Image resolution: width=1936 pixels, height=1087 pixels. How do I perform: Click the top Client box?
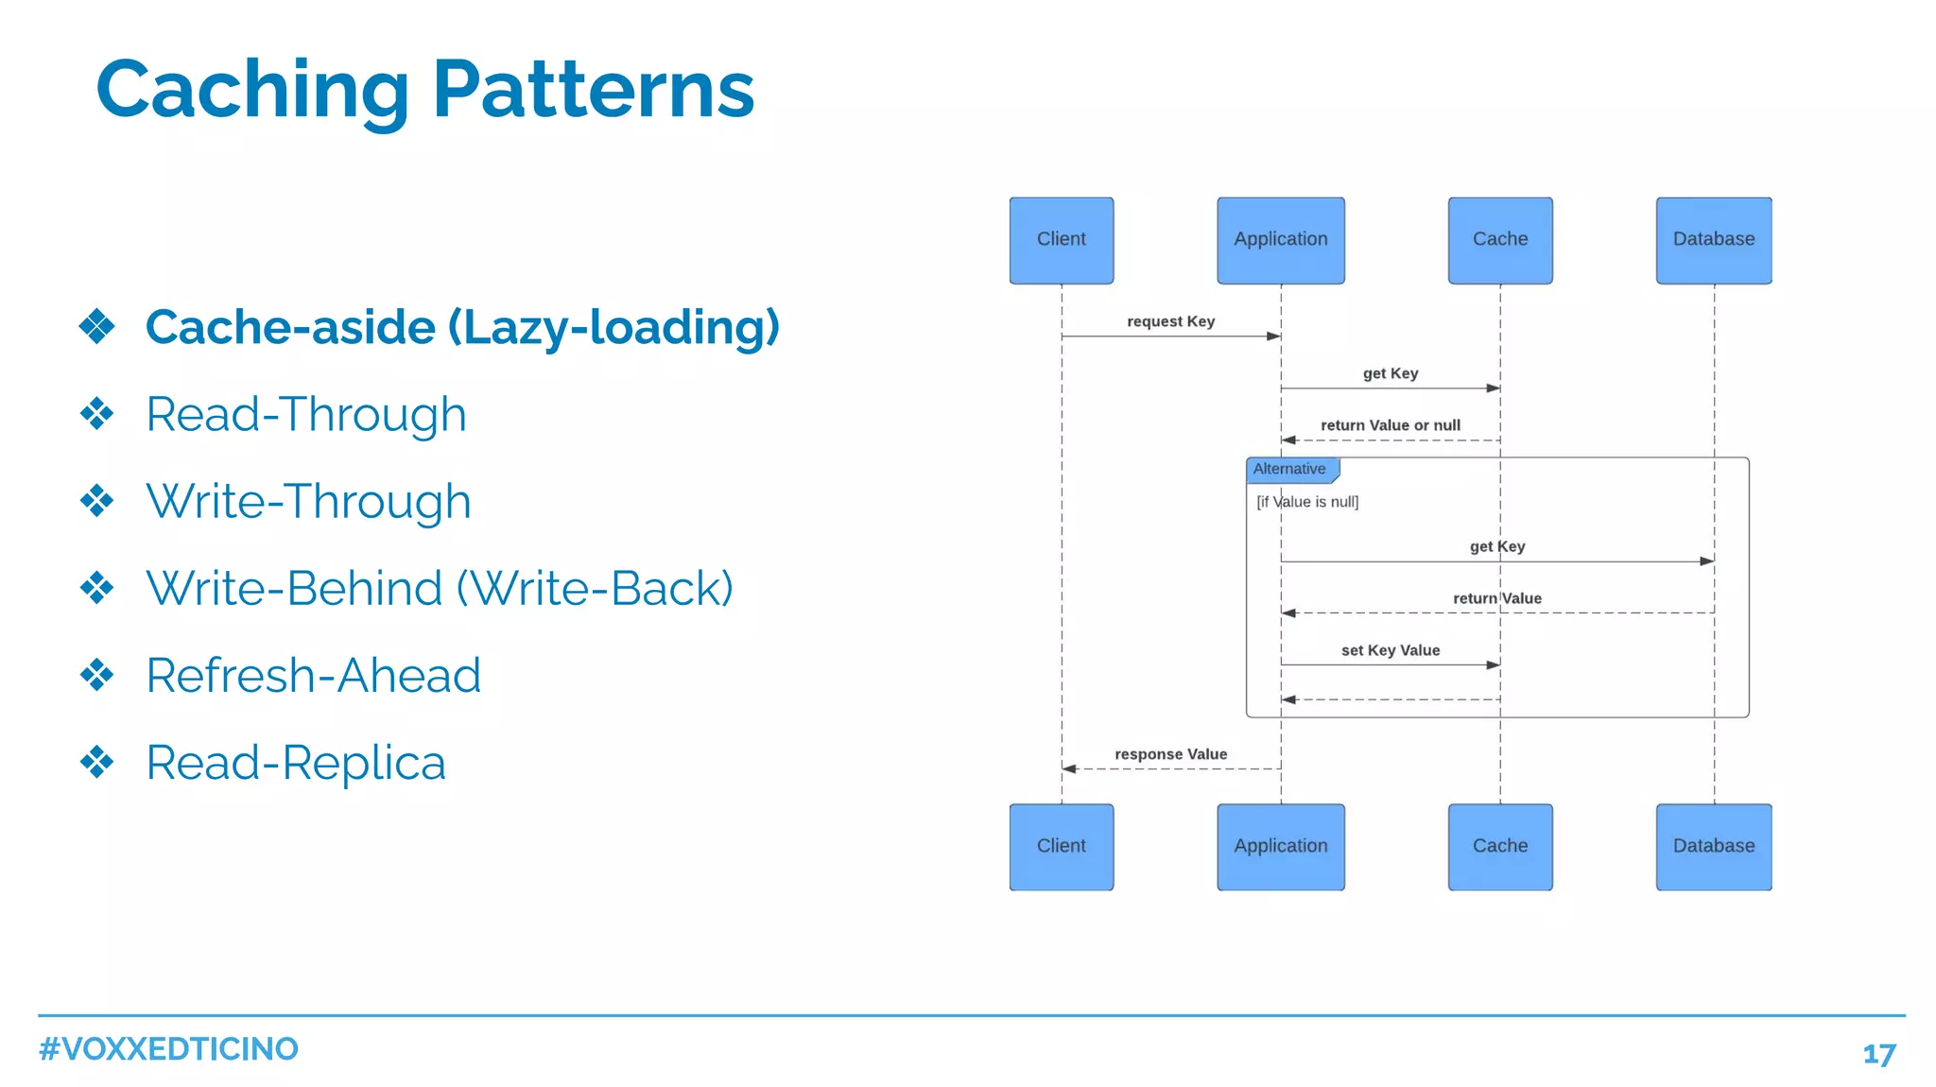pyautogui.click(x=1061, y=240)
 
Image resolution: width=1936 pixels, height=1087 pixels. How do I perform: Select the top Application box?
pyautogui.click(x=1280, y=240)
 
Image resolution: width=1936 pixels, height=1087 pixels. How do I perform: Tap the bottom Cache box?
pyautogui.click(x=1499, y=846)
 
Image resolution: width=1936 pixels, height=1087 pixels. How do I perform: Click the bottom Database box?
pyautogui.click(x=1713, y=846)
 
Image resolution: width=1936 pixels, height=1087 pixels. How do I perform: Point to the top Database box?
pyautogui.click(x=1713, y=240)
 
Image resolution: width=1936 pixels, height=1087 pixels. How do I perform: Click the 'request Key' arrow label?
pyautogui.click(x=1170, y=321)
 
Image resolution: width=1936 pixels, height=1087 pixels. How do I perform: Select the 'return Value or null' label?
pyautogui.click(x=1390, y=425)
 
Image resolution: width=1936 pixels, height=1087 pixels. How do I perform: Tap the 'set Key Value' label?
pyautogui.click(x=1390, y=650)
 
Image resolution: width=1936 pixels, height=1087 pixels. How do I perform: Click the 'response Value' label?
pyautogui.click(x=1170, y=754)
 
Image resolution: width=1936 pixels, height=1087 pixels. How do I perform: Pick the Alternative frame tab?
pyautogui.click(x=1289, y=469)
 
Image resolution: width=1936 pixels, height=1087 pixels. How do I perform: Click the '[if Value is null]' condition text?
pyautogui.click(x=1307, y=502)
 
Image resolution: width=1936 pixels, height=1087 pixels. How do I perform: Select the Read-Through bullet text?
pyautogui.click(x=306, y=414)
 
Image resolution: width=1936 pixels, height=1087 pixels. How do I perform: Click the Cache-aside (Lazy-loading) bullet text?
pyautogui.click(x=462, y=327)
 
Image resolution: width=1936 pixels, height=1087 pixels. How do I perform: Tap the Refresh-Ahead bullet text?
pyautogui.click(x=313, y=675)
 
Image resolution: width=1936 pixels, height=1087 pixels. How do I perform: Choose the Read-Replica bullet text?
pyautogui.click(x=296, y=762)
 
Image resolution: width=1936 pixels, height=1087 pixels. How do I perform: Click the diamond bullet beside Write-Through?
pyautogui.click(x=96, y=501)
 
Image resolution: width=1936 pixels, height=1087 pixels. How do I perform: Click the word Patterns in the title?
pyautogui.click(x=593, y=90)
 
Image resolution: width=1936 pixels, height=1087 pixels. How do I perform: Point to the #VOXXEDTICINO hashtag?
pyautogui.click(x=168, y=1049)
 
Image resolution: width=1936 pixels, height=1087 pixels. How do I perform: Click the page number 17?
pyautogui.click(x=1878, y=1054)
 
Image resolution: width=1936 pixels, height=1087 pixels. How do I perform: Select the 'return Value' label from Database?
pyautogui.click(x=1496, y=598)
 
